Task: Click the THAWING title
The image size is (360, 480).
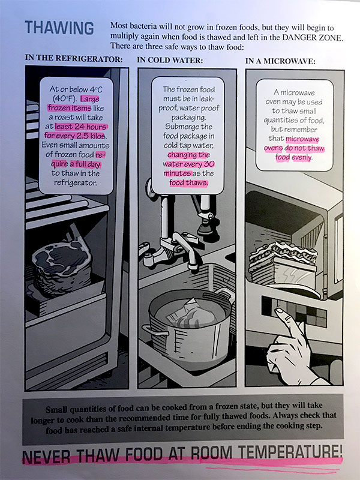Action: [x=59, y=28]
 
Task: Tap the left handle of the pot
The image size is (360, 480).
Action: [x=147, y=331]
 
